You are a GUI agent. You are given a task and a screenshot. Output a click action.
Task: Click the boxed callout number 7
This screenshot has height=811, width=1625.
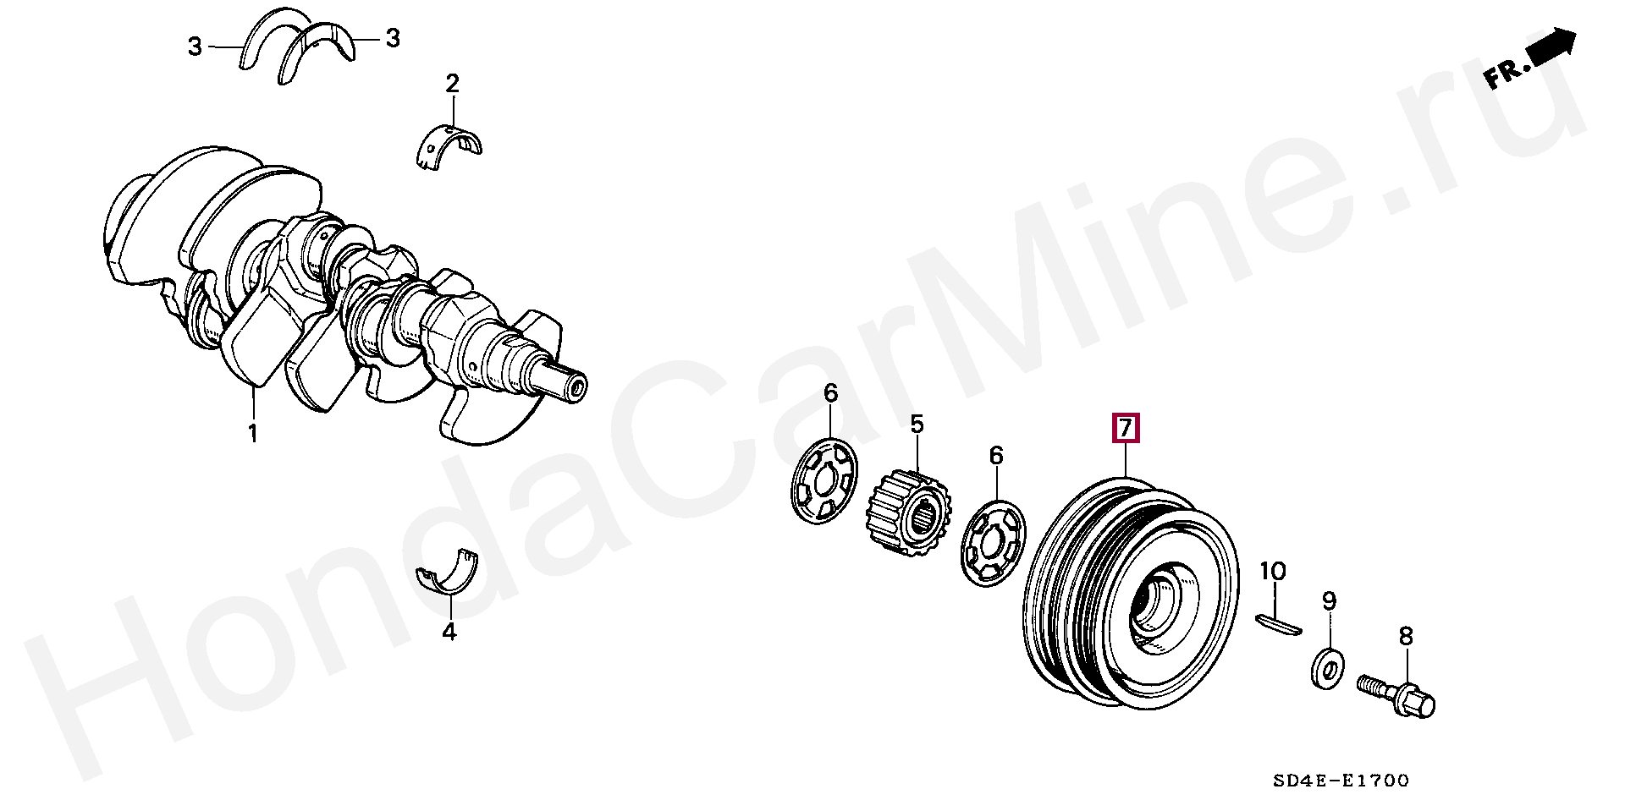pyautogui.click(x=1125, y=429)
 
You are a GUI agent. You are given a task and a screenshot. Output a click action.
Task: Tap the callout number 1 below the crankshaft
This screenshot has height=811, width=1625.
pyautogui.click(x=252, y=435)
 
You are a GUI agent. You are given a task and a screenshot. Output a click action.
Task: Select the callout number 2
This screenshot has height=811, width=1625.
pyautogui.click(x=452, y=84)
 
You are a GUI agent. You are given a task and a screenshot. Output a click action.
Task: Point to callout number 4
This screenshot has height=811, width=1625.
pyautogui.click(x=449, y=631)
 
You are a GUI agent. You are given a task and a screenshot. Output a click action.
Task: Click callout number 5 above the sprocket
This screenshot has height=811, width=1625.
pyautogui.click(x=917, y=424)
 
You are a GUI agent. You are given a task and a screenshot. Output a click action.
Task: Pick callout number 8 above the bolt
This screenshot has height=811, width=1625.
pyautogui.click(x=1406, y=636)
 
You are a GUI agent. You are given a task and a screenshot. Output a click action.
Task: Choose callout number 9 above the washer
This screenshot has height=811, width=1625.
pyautogui.click(x=1330, y=601)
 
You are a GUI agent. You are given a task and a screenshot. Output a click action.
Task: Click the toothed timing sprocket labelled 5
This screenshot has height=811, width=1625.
pyautogui.click(x=906, y=512)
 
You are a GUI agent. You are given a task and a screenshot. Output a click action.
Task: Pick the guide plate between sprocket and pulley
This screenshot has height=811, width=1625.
pyautogui.click(x=994, y=543)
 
